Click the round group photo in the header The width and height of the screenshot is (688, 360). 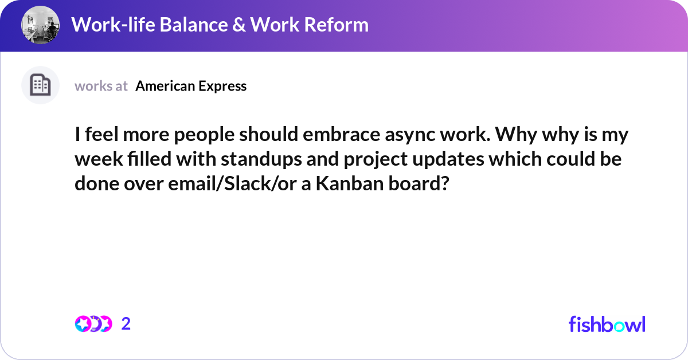tap(40, 25)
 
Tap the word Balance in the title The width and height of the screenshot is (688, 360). tap(193, 25)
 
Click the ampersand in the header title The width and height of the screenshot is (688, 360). tap(239, 25)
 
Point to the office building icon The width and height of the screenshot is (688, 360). tap(40, 85)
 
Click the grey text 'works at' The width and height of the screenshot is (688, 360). tap(101, 86)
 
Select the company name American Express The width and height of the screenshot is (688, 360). tap(191, 86)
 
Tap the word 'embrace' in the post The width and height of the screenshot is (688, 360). tap(341, 134)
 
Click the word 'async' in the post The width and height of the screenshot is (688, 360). tap(410, 135)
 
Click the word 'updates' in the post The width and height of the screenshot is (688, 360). tap(448, 160)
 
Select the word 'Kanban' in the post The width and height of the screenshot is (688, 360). tap(350, 183)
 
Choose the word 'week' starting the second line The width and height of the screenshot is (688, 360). tap(99, 159)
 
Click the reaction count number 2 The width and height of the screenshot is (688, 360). tap(126, 324)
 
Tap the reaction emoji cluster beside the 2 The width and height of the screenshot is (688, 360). tap(93, 324)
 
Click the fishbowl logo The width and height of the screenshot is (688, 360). tap(607, 324)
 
